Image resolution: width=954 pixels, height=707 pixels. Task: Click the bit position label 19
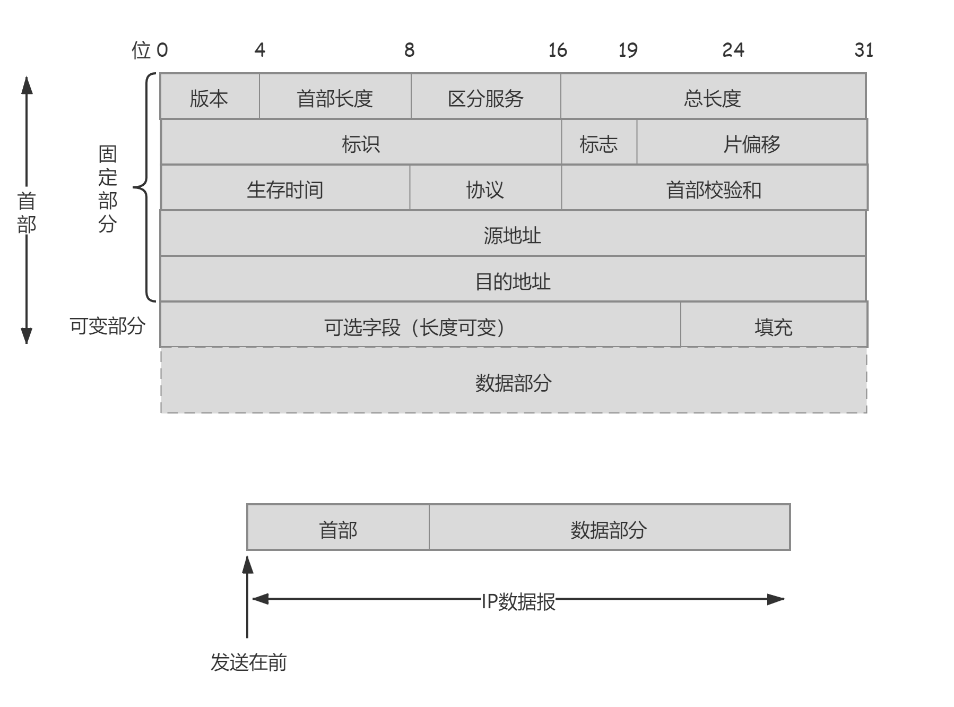point(628,50)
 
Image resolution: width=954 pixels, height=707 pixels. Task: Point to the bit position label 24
point(733,50)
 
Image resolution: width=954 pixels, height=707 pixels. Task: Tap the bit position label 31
point(864,50)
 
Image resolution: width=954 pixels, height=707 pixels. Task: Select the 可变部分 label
point(107,325)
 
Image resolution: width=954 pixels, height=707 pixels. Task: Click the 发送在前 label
point(248,662)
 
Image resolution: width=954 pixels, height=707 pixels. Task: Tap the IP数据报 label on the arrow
point(518,601)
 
